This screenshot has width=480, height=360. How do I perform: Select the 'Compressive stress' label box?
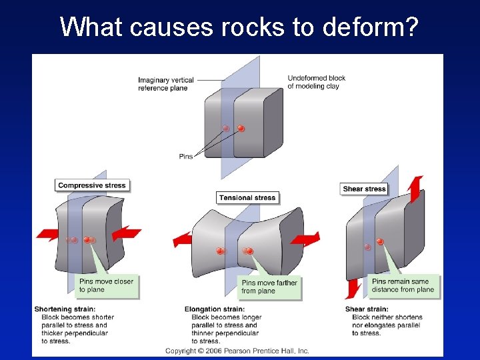click(x=91, y=185)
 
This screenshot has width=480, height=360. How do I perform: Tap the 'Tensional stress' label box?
click(x=247, y=197)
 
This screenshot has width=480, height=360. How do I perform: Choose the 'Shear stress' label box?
click(x=364, y=189)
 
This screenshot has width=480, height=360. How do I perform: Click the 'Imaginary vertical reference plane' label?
click(x=166, y=84)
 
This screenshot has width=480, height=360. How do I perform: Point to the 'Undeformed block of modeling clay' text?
click(x=317, y=82)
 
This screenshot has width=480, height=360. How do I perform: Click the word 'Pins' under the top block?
click(x=186, y=157)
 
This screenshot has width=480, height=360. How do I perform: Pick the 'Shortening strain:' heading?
click(x=65, y=309)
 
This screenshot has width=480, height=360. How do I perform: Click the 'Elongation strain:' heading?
click(x=215, y=309)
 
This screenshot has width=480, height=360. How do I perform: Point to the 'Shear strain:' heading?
click(x=367, y=309)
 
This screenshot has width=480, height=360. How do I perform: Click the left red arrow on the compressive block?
click(x=49, y=233)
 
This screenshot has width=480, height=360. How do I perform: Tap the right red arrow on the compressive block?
click(x=126, y=233)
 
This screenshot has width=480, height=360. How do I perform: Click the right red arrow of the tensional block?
click(x=305, y=239)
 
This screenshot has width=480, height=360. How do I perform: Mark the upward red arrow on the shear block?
click(x=415, y=189)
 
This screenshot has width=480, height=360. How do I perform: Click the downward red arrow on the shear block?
click(x=353, y=289)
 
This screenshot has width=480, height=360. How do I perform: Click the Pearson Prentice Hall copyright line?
click(x=237, y=351)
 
